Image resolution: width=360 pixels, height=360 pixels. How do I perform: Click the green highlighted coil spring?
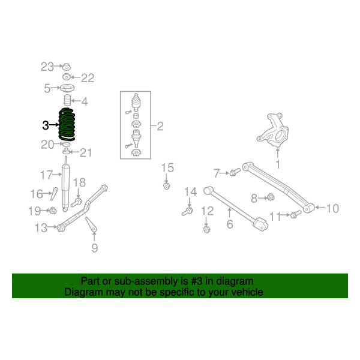point(67,124)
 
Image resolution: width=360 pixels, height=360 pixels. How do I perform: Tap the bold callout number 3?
point(46,125)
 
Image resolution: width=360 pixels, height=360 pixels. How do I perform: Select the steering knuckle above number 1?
point(273,130)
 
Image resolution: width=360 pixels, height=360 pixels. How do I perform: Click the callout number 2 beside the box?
point(160,126)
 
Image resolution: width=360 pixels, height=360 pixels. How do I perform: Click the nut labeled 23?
point(67,67)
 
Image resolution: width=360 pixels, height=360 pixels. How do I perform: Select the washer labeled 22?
point(67,77)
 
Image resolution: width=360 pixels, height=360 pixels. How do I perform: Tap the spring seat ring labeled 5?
point(67,88)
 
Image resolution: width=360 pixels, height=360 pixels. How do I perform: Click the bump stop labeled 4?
point(67,100)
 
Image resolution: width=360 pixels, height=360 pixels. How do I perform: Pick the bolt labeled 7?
point(235,172)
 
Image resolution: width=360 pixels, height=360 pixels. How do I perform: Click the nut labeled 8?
point(271,197)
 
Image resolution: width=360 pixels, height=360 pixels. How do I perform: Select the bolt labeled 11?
point(296,214)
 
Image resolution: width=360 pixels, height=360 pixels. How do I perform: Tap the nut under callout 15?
point(166,186)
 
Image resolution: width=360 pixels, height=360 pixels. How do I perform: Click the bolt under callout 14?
point(187,211)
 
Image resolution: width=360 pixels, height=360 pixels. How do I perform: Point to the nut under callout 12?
point(207,230)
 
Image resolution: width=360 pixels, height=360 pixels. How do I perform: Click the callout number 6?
point(230,224)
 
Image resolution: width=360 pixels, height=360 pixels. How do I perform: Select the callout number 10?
point(332,208)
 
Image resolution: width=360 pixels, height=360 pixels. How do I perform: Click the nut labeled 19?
point(53,210)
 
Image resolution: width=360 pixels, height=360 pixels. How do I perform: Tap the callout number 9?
point(95,248)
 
